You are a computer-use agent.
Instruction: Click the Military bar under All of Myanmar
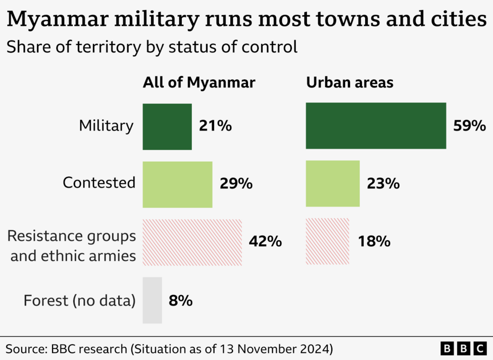(167, 126)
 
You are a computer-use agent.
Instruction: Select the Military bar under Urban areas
(376, 126)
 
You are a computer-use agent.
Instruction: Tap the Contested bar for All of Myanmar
(177, 184)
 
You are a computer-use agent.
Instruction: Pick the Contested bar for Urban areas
(332, 184)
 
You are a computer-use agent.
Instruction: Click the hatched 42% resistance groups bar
(192, 242)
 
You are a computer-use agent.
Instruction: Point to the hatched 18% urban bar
(327, 242)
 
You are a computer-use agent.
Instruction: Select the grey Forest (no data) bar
(152, 300)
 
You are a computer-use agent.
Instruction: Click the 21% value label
(215, 126)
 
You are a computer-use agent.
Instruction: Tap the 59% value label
(469, 126)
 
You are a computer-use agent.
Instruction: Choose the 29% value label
(236, 184)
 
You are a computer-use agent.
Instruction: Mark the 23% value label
(383, 184)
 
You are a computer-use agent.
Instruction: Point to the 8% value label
(180, 301)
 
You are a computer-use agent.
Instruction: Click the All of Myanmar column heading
(199, 82)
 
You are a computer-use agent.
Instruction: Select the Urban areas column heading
(350, 82)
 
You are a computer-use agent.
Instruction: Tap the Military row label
(106, 126)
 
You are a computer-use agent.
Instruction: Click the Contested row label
(99, 183)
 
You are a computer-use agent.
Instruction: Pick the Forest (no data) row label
(80, 301)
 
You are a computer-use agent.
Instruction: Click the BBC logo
(463, 348)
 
